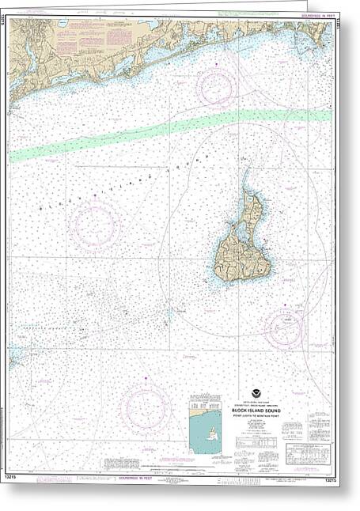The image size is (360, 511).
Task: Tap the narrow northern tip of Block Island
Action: coord(247,180)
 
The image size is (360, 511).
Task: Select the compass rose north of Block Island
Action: coord(217,88)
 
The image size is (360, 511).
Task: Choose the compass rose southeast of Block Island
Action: coord(285,327)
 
